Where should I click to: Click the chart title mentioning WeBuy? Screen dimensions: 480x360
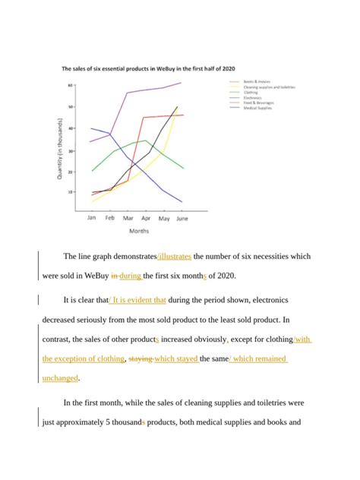click(142, 68)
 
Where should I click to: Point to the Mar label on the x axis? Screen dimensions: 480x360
click(128, 217)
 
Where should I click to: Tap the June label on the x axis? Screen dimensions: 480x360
click(181, 217)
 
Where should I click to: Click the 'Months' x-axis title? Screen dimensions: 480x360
click(139, 232)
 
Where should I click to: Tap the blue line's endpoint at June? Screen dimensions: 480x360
click(182, 202)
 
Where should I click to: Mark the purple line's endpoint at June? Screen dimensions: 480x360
click(182, 83)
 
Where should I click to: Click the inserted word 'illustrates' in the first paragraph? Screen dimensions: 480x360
click(175, 257)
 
